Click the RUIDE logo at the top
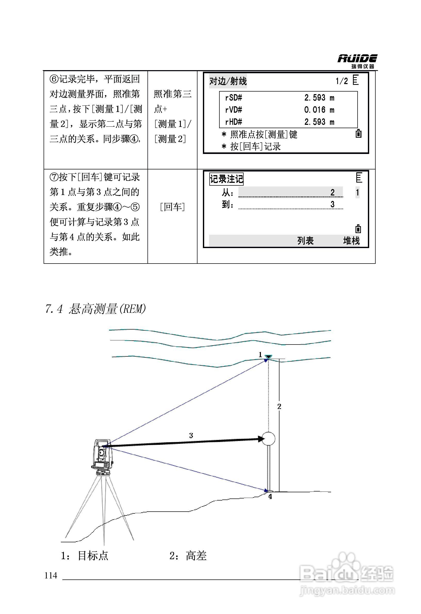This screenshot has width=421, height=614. point(357,61)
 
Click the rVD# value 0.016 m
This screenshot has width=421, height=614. point(319,110)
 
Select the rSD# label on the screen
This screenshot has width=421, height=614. point(234,98)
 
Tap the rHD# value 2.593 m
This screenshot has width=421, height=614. point(319,122)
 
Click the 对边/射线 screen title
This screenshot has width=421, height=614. point(228,81)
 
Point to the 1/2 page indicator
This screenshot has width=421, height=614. point(342,81)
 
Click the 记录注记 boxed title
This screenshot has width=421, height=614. point(226,179)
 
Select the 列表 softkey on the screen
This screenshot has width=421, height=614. point(305,241)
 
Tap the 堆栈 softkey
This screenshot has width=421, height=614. point(351,241)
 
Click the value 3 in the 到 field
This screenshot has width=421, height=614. point(332,204)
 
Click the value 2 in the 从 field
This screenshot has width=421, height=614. point(332,192)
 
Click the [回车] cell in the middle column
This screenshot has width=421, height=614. point(172,207)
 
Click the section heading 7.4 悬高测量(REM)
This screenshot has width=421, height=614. point(95,309)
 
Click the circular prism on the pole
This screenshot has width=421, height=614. point(268,439)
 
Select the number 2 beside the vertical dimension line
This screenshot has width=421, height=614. point(279,407)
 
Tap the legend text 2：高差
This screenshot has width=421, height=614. point(188,556)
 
